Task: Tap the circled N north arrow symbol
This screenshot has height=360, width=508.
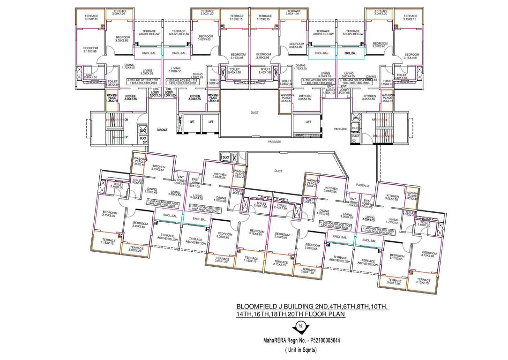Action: coord(303,325)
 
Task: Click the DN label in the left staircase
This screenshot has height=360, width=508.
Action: coord(126,120)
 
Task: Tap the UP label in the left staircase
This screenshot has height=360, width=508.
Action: coord(126,137)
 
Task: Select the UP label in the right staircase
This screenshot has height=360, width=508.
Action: coord(373,120)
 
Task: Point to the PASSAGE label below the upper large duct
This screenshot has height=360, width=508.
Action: coord(275,142)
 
